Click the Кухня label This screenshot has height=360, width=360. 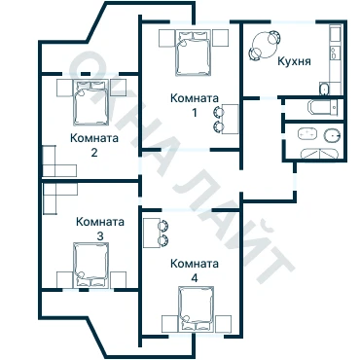(294, 61)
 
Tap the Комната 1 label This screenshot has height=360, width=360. (195, 105)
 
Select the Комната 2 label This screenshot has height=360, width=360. (94, 145)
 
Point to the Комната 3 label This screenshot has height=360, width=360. (100, 229)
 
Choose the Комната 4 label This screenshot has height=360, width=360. (195, 270)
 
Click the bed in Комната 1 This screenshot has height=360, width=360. (193, 53)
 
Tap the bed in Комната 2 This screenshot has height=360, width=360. (90, 102)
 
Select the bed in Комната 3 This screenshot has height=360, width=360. (91, 265)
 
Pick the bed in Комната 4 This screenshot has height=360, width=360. (197, 308)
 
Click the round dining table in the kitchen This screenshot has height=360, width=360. (266, 46)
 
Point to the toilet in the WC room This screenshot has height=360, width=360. (333, 135)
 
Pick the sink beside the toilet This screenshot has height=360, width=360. (307, 133)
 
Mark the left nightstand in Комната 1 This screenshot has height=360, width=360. (166, 38)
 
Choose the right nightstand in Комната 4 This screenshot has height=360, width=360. (224, 323)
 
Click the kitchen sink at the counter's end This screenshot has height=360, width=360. (324, 89)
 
